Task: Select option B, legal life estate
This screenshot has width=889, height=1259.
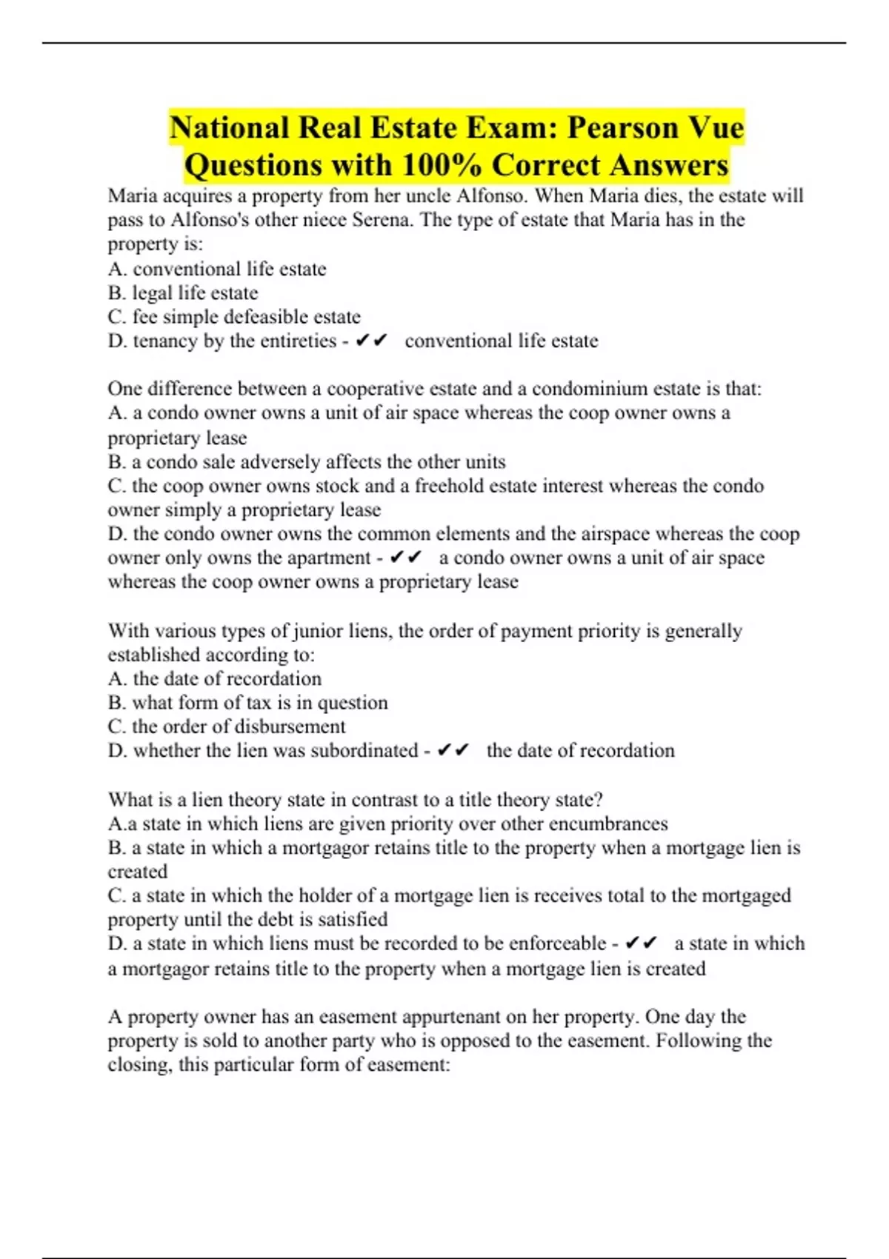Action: pyautogui.click(x=183, y=293)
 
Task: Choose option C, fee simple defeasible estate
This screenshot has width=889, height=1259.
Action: pyautogui.click(x=234, y=317)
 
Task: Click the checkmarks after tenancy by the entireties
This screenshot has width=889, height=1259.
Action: pyautogui.click(x=372, y=341)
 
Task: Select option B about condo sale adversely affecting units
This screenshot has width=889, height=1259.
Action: pyautogui.click(x=307, y=462)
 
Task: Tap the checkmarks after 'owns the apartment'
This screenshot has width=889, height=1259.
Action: pyautogui.click(x=405, y=558)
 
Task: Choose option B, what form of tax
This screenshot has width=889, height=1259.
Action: pyautogui.click(x=247, y=702)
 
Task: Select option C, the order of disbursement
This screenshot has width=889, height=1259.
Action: pyautogui.click(x=227, y=727)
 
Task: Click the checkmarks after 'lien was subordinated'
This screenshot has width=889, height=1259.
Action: pyautogui.click(x=453, y=750)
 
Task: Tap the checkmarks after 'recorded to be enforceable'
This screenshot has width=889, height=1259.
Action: pyautogui.click(x=641, y=944)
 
